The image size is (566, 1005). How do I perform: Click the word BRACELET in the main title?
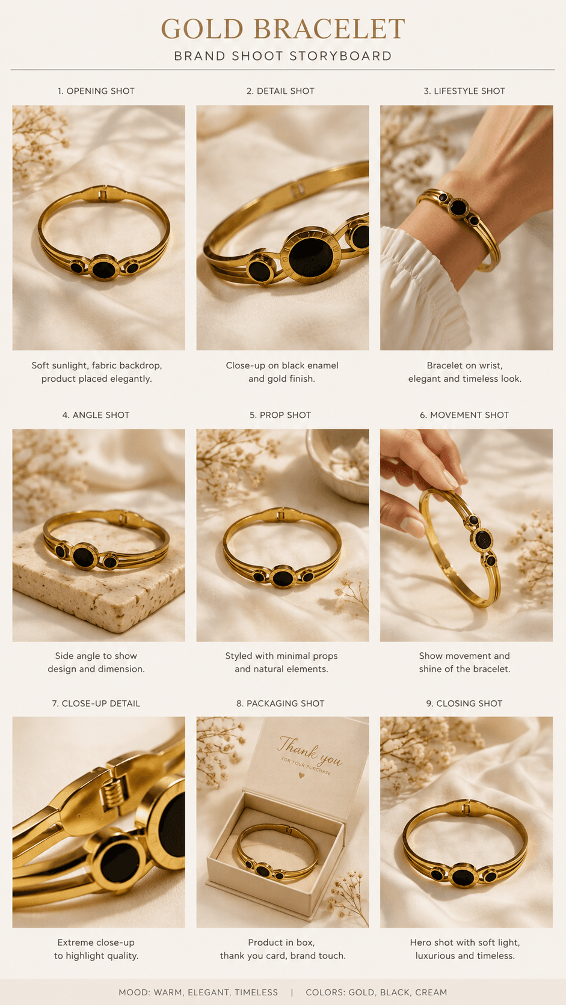pyautogui.click(x=330, y=29)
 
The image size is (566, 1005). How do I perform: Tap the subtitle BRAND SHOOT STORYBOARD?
pyautogui.click(x=283, y=56)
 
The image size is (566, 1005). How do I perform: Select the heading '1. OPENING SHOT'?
pyautogui.click(x=96, y=91)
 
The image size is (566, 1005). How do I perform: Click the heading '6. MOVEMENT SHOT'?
pyautogui.click(x=464, y=415)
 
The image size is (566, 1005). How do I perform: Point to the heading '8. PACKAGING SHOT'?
pyautogui.click(x=280, y=703)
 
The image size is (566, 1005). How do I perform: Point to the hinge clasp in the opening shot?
pyautogui.click(x=103, y=195)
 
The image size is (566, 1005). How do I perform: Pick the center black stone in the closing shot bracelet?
pyautogui.click(x=464, y=875)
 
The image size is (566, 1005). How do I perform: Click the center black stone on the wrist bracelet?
pyautogui.click(x=458, y=207)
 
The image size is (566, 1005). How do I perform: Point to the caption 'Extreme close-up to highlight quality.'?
pyautogui.click(x=96, y=949)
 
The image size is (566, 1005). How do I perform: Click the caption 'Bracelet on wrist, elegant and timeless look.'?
pyautogui.click(x=464, y=372)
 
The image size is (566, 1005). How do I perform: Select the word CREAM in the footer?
pyautogui.click(x=431, y=992)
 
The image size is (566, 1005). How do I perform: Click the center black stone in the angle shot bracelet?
pyautogui.click(x=84, y=557)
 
